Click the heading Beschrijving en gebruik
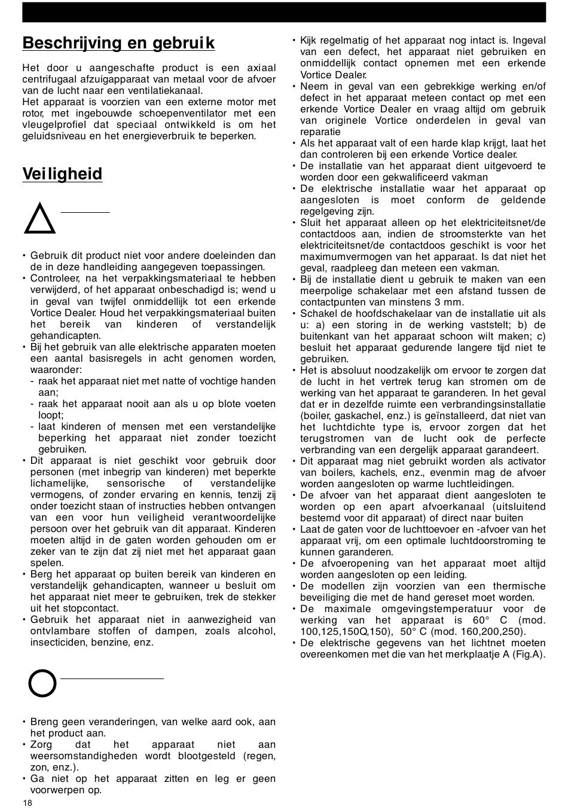[118, 43]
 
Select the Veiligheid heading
[62, 174]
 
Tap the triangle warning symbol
[39, 219]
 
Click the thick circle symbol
[42, 683]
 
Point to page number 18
[28, 803]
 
